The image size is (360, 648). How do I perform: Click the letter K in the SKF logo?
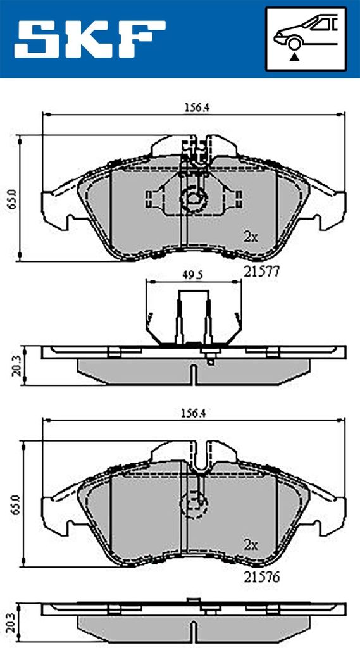click(x=90, y=39)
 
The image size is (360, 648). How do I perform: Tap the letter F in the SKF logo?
click(x=142, y=39)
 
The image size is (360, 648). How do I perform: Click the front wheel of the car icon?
click(x=294, y=44)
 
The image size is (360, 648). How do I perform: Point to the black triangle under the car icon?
click(x=294, y=57)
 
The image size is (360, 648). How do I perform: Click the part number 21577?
click(x=261, y=271)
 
